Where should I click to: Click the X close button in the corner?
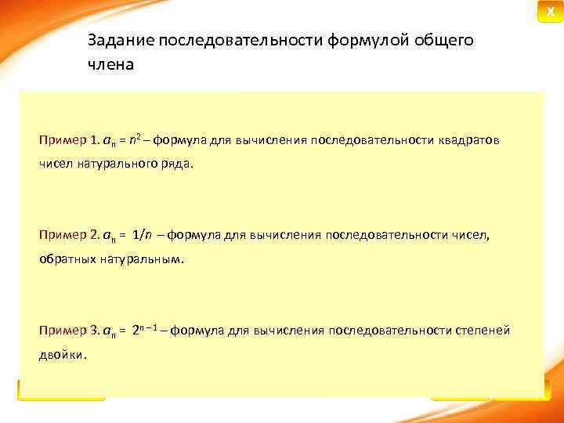pos(549,11)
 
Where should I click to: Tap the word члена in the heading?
pos(110,65)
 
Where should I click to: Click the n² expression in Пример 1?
pos(138,140)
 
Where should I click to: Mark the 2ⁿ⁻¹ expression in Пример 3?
pos(149,330)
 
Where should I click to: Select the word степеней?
pos(483,331)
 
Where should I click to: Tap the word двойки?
pos(63,355)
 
